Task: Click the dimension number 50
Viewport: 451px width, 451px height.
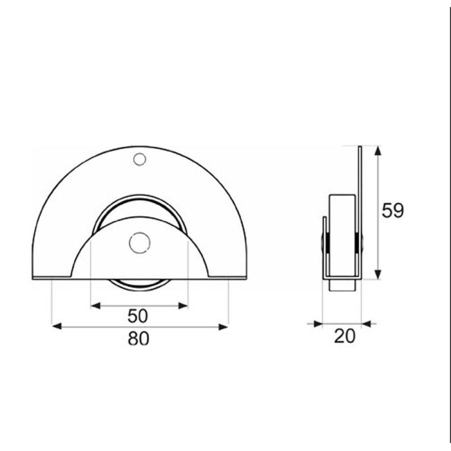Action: click(x=137, y=316)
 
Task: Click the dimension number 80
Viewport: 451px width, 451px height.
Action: click(x=139, y=338)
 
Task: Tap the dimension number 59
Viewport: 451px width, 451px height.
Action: click(x=392, y=211)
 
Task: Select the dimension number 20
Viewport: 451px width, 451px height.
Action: click(x=345, y=336)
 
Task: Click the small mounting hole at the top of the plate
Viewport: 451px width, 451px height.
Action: click(x=140, y=159)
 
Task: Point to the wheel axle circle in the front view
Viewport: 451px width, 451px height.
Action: click(x=140, y=243)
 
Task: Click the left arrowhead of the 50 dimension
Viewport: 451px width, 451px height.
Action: click(x=95, y=306)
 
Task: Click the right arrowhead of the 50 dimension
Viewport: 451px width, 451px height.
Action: click(x=183, y=306)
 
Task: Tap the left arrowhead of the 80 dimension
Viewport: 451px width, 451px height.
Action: click(x=57, y=327)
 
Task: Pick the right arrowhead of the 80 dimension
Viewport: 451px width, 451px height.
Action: click(x=223, y=327)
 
